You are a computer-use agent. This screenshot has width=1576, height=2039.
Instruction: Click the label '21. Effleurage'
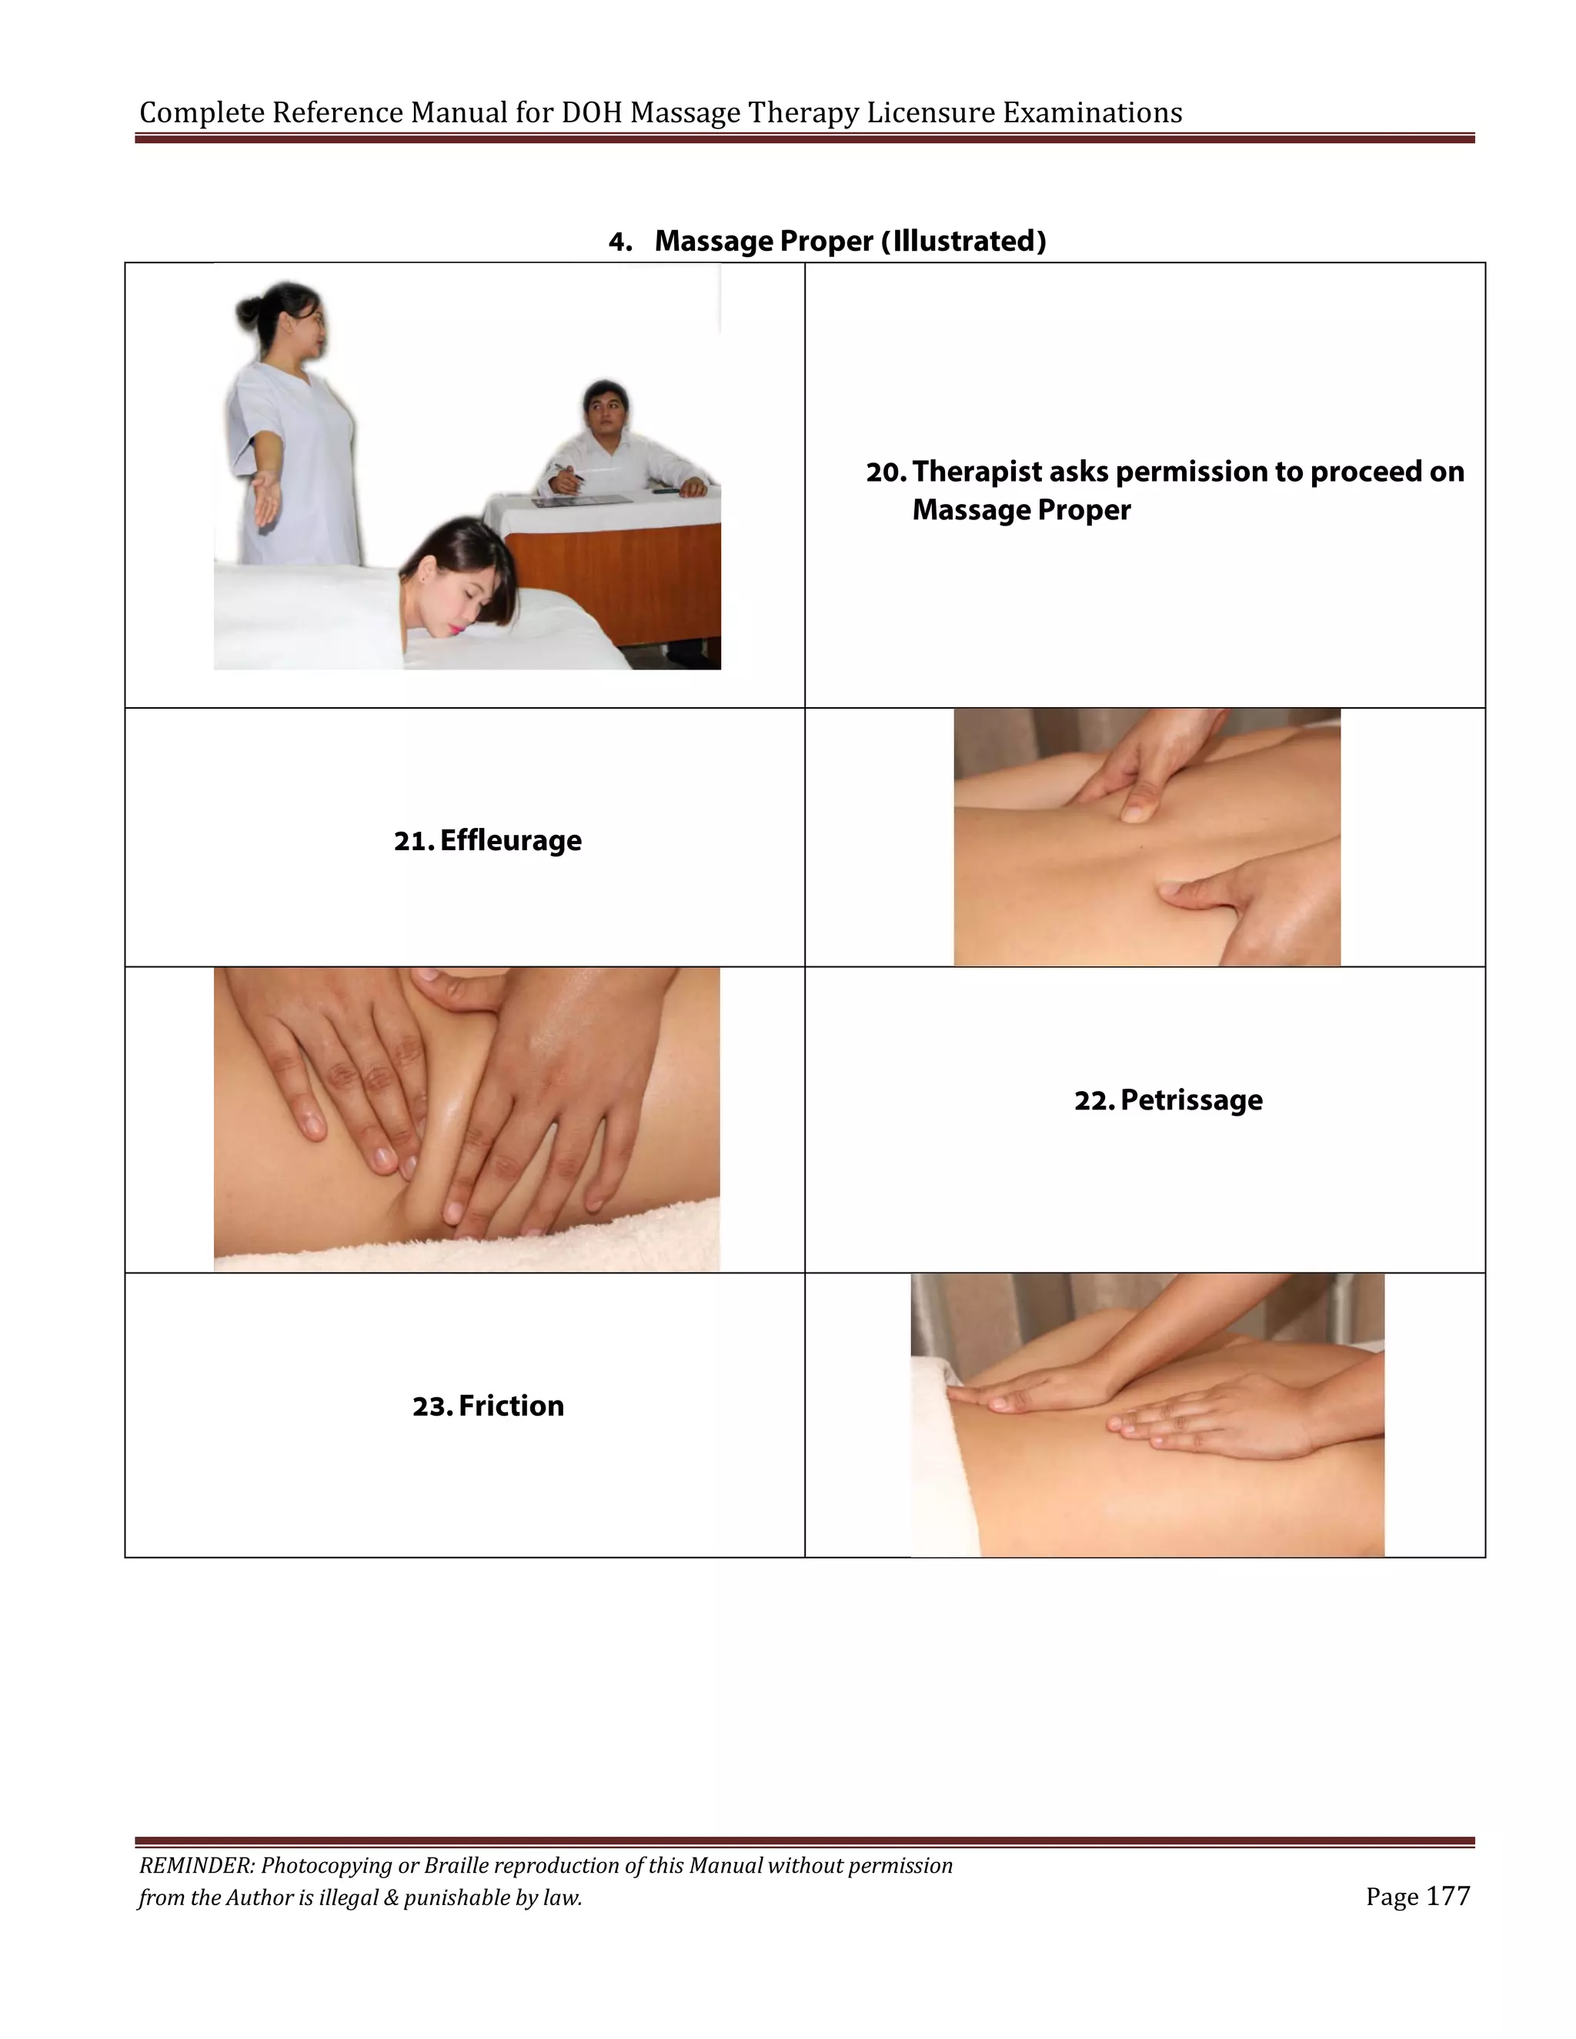(x=486, y=840)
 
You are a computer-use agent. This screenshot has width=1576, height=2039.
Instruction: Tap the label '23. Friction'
(x=487, y=1405)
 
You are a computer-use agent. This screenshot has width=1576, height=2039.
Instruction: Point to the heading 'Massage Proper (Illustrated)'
(x=850, y=241)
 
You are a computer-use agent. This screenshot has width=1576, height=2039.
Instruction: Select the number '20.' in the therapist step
(x=886, y=472)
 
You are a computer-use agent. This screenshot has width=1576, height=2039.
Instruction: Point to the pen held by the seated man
(x=568, y=472)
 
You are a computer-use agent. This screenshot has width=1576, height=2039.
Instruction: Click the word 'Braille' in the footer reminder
(x=455, y=1865)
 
